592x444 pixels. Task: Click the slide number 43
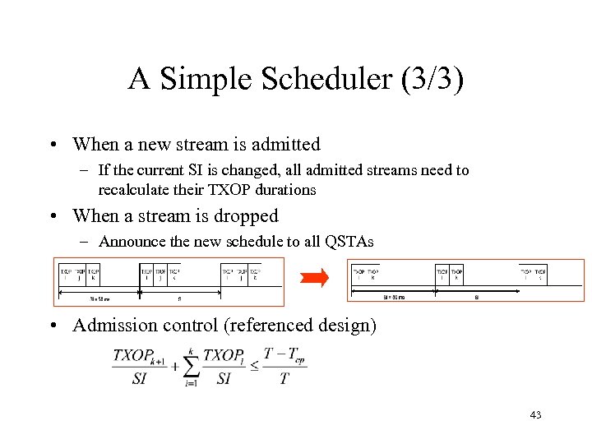pyautogui.click(x=535, y=415)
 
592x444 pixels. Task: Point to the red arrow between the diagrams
pyautogui.click(x=314, y=279)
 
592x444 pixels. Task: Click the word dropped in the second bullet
pyautogui.click(x=246, y=216)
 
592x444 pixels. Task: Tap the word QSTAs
pyautogui.click(x=349, y=242)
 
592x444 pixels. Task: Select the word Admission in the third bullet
pyautogui.click(x=113, y=326)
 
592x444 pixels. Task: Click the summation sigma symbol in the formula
pyautogui.click(x=190, y=367)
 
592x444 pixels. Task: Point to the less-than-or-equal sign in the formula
pyautogui.click(x=254, y=366)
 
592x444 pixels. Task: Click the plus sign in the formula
pyautogui.click(x=174, y=366)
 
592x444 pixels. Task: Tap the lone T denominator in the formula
pyautogui.click(x=284, y=379)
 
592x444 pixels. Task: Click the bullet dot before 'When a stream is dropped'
pyautogui.click(x=52, y=216)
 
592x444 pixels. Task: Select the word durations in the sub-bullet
pyautogui.click(x=285, y=190)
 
